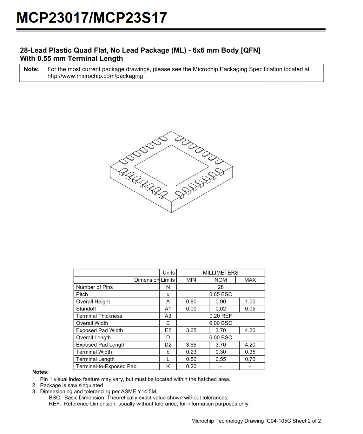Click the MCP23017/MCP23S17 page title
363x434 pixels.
pos(92,18)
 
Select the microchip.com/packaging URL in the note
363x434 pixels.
pos(95,76)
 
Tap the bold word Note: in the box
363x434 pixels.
pos(31,69)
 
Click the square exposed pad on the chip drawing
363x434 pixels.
pos(171,165)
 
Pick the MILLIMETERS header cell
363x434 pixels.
pos(221,273)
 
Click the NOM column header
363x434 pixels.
pos(221,280)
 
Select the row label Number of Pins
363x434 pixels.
pos(94,287)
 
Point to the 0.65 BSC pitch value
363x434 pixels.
pos(221,295)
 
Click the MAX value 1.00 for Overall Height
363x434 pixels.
pos(250,302)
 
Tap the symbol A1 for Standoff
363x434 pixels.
pos(168,309)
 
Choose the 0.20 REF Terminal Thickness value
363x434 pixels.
pos(221,316)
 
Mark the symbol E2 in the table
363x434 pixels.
pos(168,330)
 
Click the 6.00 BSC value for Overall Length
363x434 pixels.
pos(221,338)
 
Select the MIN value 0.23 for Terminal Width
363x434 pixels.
pos(191,352)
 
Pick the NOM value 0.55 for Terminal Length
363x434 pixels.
pos(221,359)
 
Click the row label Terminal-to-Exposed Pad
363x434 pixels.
pos(106,367)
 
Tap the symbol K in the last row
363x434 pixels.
pos(168,367)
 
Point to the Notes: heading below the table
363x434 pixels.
pos(40,372)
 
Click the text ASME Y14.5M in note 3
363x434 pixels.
pos(142,392)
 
